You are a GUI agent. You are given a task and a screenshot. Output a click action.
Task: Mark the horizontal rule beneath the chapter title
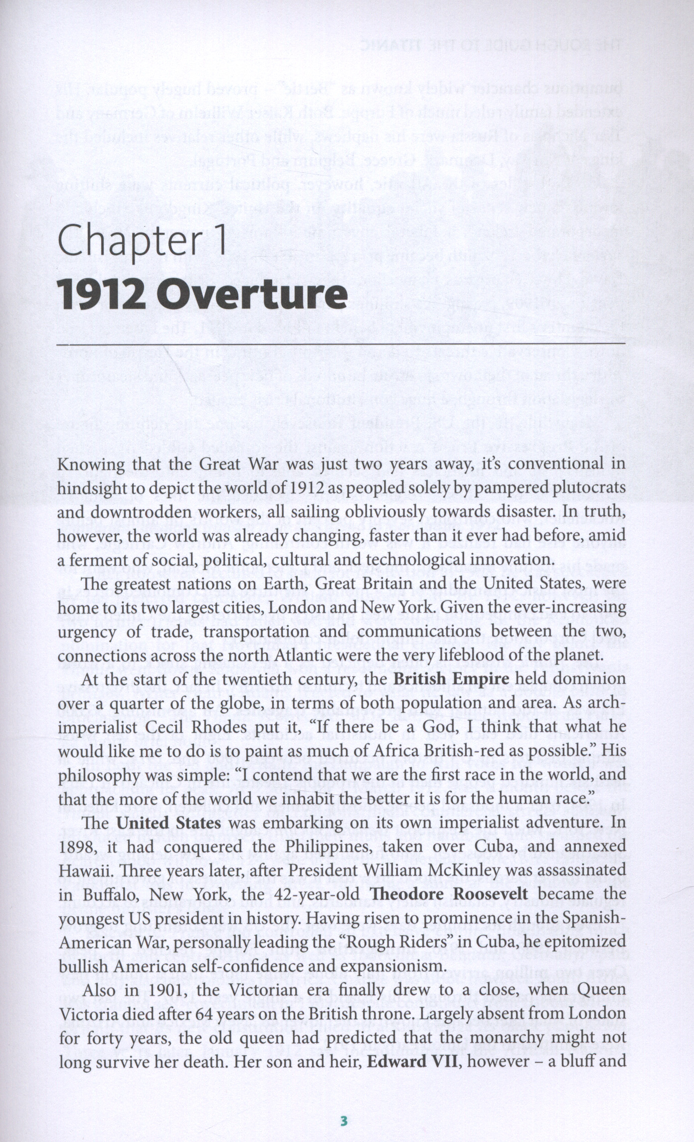pos(341,344)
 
